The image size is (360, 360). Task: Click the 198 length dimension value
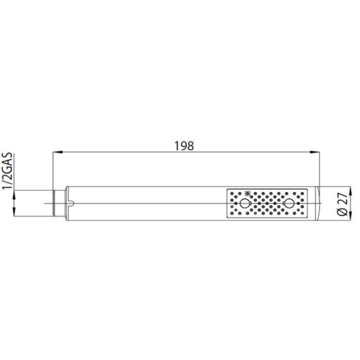click(184, 146)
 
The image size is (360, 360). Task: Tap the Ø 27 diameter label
click(343, 203)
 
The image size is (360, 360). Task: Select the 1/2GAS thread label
click(7, 170)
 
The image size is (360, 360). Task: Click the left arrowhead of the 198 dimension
click(58, 152)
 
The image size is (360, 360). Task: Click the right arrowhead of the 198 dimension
click(315, 152)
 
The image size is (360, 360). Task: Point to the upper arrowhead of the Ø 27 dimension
click(350, 191)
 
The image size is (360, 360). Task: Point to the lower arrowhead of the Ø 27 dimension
click(350, 216)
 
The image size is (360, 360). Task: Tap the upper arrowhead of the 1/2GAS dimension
click(14, 195)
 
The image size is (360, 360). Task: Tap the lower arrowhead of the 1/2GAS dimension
click(14, 212)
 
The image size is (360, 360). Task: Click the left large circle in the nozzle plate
click(244, 203)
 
